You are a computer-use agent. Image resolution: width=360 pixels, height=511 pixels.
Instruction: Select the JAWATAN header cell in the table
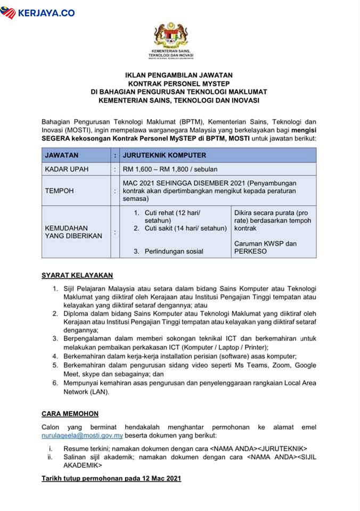point(62,155)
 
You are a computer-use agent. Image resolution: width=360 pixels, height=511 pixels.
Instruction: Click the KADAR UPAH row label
point(67,169)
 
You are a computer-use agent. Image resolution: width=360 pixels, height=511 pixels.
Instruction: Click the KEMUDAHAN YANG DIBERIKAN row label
point(73,232)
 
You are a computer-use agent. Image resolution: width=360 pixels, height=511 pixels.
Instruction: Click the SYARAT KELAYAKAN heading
point(77,275)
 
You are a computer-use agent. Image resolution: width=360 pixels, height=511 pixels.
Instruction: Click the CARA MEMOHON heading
point(70,414)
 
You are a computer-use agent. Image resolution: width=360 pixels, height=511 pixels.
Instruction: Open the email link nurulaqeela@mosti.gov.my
point(82,435)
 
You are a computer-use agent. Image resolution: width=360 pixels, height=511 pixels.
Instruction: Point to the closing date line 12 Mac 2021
point(111,479)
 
